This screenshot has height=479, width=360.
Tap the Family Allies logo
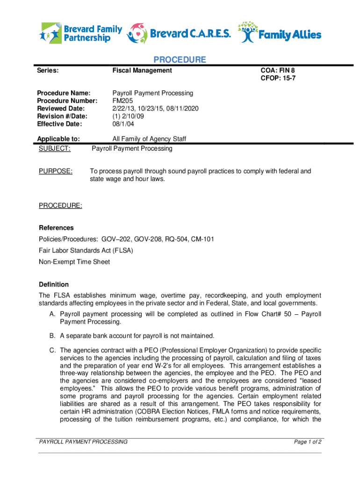click(x=280, y=33)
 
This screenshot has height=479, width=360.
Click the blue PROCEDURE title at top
click(x=180, y=60)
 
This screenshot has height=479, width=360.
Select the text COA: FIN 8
click(x=278, y=71)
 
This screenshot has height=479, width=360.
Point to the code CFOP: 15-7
click(x=278, y=79)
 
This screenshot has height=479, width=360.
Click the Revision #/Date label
click(x=62, y=116)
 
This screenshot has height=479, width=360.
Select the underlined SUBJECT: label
click(x=55, y=149)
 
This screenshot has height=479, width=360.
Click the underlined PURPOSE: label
click(x=56, y=172)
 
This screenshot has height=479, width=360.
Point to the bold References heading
click(x=56, y=228)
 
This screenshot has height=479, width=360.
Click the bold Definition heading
click(x=54, y=284)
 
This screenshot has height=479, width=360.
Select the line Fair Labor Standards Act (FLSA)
click(x=86, y=251)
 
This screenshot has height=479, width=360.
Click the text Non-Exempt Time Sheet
click(x=74, y=262)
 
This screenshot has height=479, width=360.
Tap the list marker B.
click(x=52, y=336)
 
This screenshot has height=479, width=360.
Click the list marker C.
click(x=53, y=350)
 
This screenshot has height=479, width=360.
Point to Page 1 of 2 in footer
click(x=307, y=442)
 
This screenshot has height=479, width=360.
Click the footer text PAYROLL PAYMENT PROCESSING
click(x=83, y=442)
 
